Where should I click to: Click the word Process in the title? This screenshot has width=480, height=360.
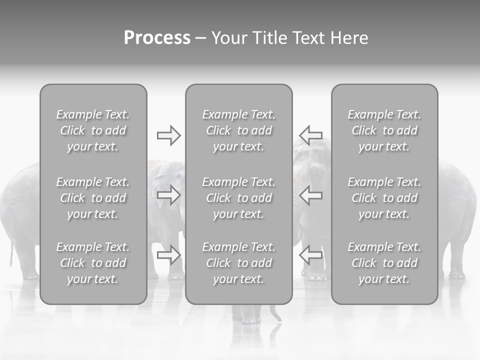157,38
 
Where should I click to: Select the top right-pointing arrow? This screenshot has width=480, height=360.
168,135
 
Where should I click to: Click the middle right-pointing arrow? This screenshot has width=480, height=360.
168,195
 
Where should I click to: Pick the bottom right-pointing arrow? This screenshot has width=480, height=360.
168,255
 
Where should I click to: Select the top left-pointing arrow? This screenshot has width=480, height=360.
311,135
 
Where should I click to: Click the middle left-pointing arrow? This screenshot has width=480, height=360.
311,195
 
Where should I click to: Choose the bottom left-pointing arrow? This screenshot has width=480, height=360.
311,255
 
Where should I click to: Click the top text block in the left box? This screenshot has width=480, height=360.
93,130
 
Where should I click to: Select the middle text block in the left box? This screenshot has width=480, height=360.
93,198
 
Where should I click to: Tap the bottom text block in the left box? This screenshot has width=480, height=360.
93,263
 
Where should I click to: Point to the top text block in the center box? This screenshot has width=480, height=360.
238,130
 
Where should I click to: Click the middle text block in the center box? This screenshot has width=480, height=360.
238,198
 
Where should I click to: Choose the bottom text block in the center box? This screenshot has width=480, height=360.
238,263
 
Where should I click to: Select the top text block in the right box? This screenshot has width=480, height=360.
384,130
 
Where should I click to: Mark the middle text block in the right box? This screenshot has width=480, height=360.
384,198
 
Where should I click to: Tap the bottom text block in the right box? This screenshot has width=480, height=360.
384,263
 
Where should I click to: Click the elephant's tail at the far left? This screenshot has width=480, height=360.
10,255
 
